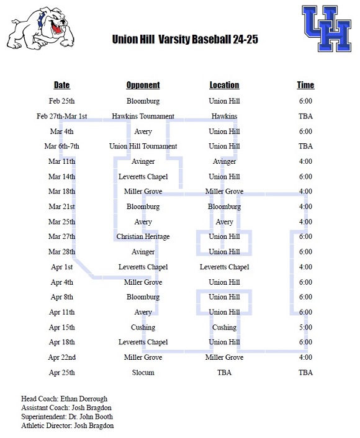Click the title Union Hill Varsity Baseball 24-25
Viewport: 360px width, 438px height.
tap(185, 40)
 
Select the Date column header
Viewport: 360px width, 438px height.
tap(62, 85)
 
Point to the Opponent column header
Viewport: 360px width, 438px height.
tap(143, 85)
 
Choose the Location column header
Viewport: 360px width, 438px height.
tap(224, 85)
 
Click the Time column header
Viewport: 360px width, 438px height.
tap(305, 85)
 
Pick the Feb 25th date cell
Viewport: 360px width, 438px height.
tap(62, 101)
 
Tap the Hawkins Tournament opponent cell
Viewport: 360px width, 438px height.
tap(143, 116)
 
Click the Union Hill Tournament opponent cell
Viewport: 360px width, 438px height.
tap(143, 146)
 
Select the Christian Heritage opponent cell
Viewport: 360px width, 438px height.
tap(143, 237)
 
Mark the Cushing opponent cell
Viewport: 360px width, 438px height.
tap(143, 328)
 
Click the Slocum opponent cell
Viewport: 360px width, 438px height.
tap(143, 373)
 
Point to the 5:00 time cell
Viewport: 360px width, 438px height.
tap(305, 328)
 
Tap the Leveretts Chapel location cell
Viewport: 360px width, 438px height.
tap(224, 267)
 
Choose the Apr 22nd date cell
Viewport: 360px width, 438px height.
tap(62, 357)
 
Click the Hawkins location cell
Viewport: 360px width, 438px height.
tap(224, 116)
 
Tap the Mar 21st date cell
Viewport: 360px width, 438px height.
tap(62, 207)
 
